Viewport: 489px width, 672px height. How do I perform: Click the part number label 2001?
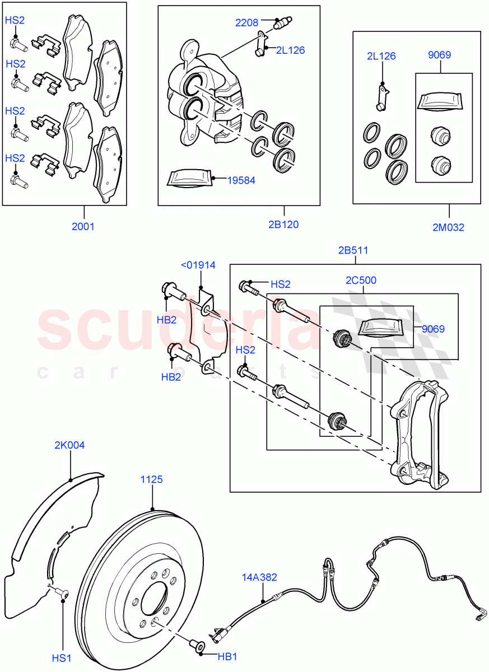tap(83, 227)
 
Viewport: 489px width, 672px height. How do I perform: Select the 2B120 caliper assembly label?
tap(283, 225)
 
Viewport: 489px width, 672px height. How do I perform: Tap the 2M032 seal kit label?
tap(448, 227)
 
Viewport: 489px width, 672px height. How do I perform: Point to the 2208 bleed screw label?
tap(246, 23)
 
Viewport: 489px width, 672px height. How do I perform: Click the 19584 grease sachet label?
tap(241, 180)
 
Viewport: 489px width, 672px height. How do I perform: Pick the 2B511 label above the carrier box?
tap(353, 250)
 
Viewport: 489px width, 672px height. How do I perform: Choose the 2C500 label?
tap(361, 281)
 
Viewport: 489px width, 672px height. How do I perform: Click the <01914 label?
tap(197, 265)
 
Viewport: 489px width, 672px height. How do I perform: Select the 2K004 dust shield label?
tap(69, 446)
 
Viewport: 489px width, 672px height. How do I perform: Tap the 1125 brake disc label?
tap(151, 479)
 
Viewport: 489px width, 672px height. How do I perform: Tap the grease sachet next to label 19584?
tap(189, 178)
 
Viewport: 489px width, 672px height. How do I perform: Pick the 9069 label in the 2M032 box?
tap(439, 55)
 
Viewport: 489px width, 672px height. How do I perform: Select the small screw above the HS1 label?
tap(60, 592)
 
